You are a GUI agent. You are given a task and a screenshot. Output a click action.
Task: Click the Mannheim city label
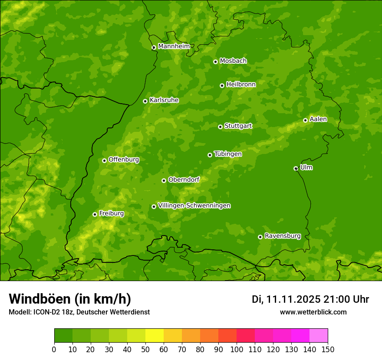pos(174,46)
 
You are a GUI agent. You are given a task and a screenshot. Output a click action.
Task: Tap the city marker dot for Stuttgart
pos(220,127)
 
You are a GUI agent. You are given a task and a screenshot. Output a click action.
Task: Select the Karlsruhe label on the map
pos(164,100)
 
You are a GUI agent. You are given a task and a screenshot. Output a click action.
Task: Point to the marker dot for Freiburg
pos(95,214)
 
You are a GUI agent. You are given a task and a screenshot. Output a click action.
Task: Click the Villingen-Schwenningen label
pos(194,206)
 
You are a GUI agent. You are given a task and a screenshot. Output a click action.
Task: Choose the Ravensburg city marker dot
pos(260,237)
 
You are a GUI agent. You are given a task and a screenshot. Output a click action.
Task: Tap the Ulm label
pos(306,167)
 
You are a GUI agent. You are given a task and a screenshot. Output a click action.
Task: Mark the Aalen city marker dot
pos(305,120)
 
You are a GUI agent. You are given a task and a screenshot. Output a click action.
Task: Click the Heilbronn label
pos(241,85)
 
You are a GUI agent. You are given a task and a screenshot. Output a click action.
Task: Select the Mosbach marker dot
pos(215,62)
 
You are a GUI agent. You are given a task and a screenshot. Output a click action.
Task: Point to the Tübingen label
pos(228,154)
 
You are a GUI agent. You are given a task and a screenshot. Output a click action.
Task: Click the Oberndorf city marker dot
pos(164,180)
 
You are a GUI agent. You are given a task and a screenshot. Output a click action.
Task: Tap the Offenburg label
pos(124,160)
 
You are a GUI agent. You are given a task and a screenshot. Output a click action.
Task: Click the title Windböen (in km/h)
pos(70,299)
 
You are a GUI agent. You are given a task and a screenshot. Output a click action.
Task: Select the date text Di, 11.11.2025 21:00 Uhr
pos(310,299)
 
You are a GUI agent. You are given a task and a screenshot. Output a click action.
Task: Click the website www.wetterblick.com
pos(313,312)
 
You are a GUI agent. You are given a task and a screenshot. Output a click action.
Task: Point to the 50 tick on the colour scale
pos(145,349)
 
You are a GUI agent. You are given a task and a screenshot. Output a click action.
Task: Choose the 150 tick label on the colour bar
pos(328,349)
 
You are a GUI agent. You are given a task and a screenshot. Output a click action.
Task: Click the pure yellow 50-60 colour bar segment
pos(155,336)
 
